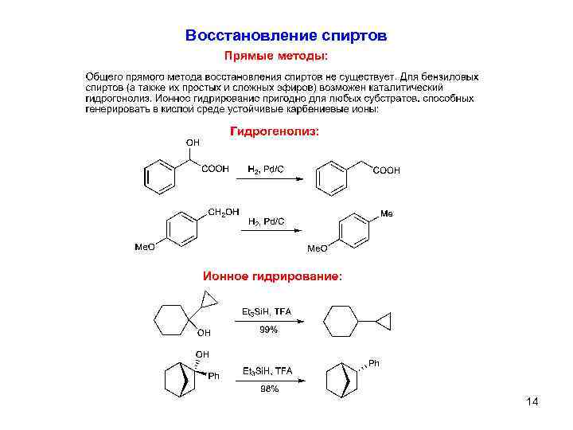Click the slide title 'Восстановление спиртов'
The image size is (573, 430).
286,36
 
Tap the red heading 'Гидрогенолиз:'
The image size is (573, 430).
275,131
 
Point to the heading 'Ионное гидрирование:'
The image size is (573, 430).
274,276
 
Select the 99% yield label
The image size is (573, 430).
269,330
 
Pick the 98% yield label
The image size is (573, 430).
269,389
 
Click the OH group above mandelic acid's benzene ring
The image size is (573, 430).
193,142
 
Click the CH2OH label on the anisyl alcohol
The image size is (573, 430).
224,212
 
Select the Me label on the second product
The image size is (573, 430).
387,213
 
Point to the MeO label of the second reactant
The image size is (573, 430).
144,248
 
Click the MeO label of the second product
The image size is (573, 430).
318,249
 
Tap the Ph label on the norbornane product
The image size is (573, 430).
374,364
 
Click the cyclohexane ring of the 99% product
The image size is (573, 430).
340,323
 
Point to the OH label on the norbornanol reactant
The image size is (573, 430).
203,354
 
